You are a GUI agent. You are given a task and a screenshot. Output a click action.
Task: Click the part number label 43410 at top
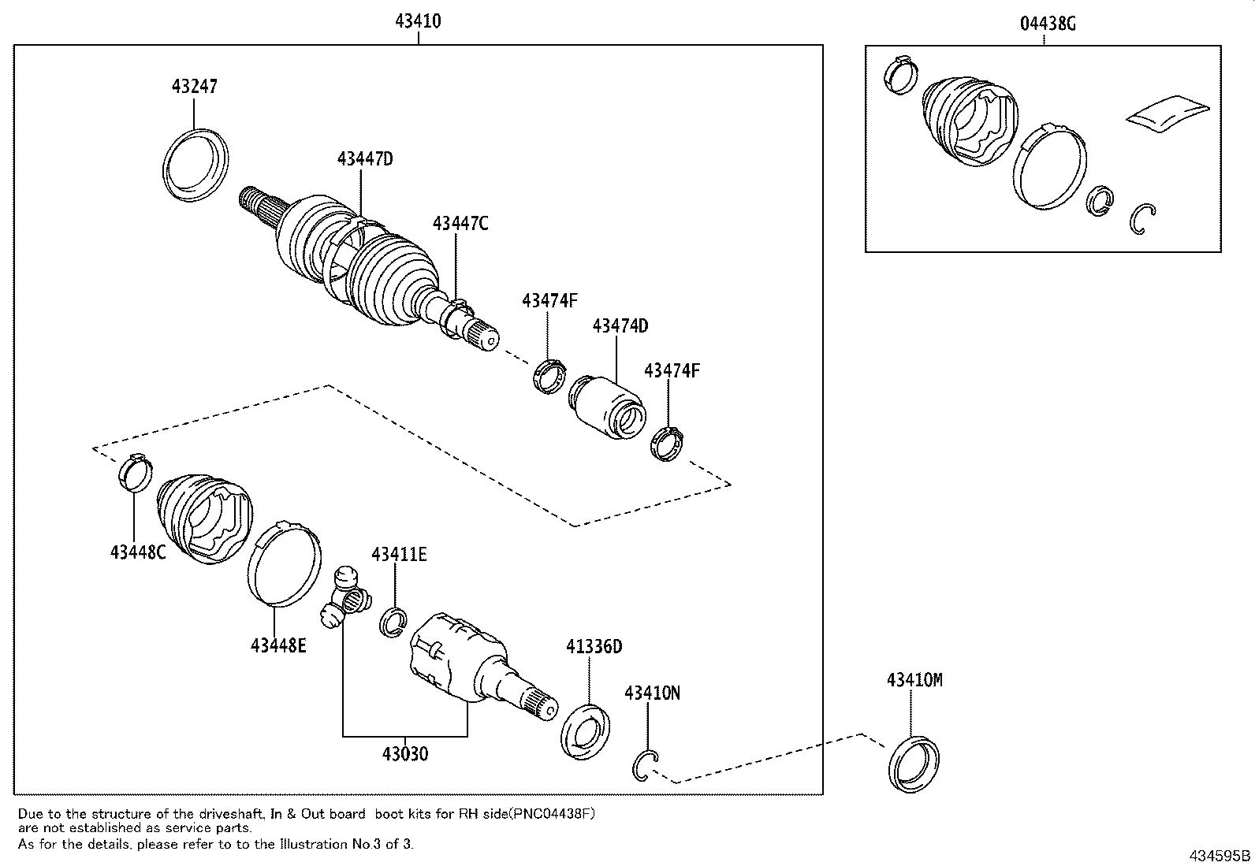pyautogui.click(x=418, y=21)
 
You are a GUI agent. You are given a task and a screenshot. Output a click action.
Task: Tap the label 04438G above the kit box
pyautogui.click(x=1048, y=24)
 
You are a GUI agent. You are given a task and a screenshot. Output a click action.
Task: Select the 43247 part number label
pyautogui.click(x=194, y=86)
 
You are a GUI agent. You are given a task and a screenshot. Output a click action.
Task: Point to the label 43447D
pyautogui.click(x=365, y=158)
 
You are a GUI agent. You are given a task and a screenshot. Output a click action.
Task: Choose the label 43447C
pyautogui.click(x=460, y=223)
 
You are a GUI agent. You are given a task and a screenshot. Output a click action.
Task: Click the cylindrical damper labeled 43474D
pyautogui.click(x=605, y=407)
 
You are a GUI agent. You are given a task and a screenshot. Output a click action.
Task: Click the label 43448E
pyautogui.click(x=278, y=645)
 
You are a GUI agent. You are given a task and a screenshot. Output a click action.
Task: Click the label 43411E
pyautogui.click(x=400, y=555)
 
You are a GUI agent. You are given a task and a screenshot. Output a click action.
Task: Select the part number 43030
pyautogui.click(x=405, y=754)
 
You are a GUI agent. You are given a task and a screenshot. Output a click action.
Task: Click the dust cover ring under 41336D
pyautogui.click(x=586, y=734)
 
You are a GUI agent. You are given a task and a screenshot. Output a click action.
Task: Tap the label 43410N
pyautogui.click(x=652, y=693)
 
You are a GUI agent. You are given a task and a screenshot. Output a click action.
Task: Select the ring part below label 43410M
pyautogui.click(x=913, y=764)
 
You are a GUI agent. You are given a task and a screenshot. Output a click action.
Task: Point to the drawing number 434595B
pyautogui.click(x=1220, y=856)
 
